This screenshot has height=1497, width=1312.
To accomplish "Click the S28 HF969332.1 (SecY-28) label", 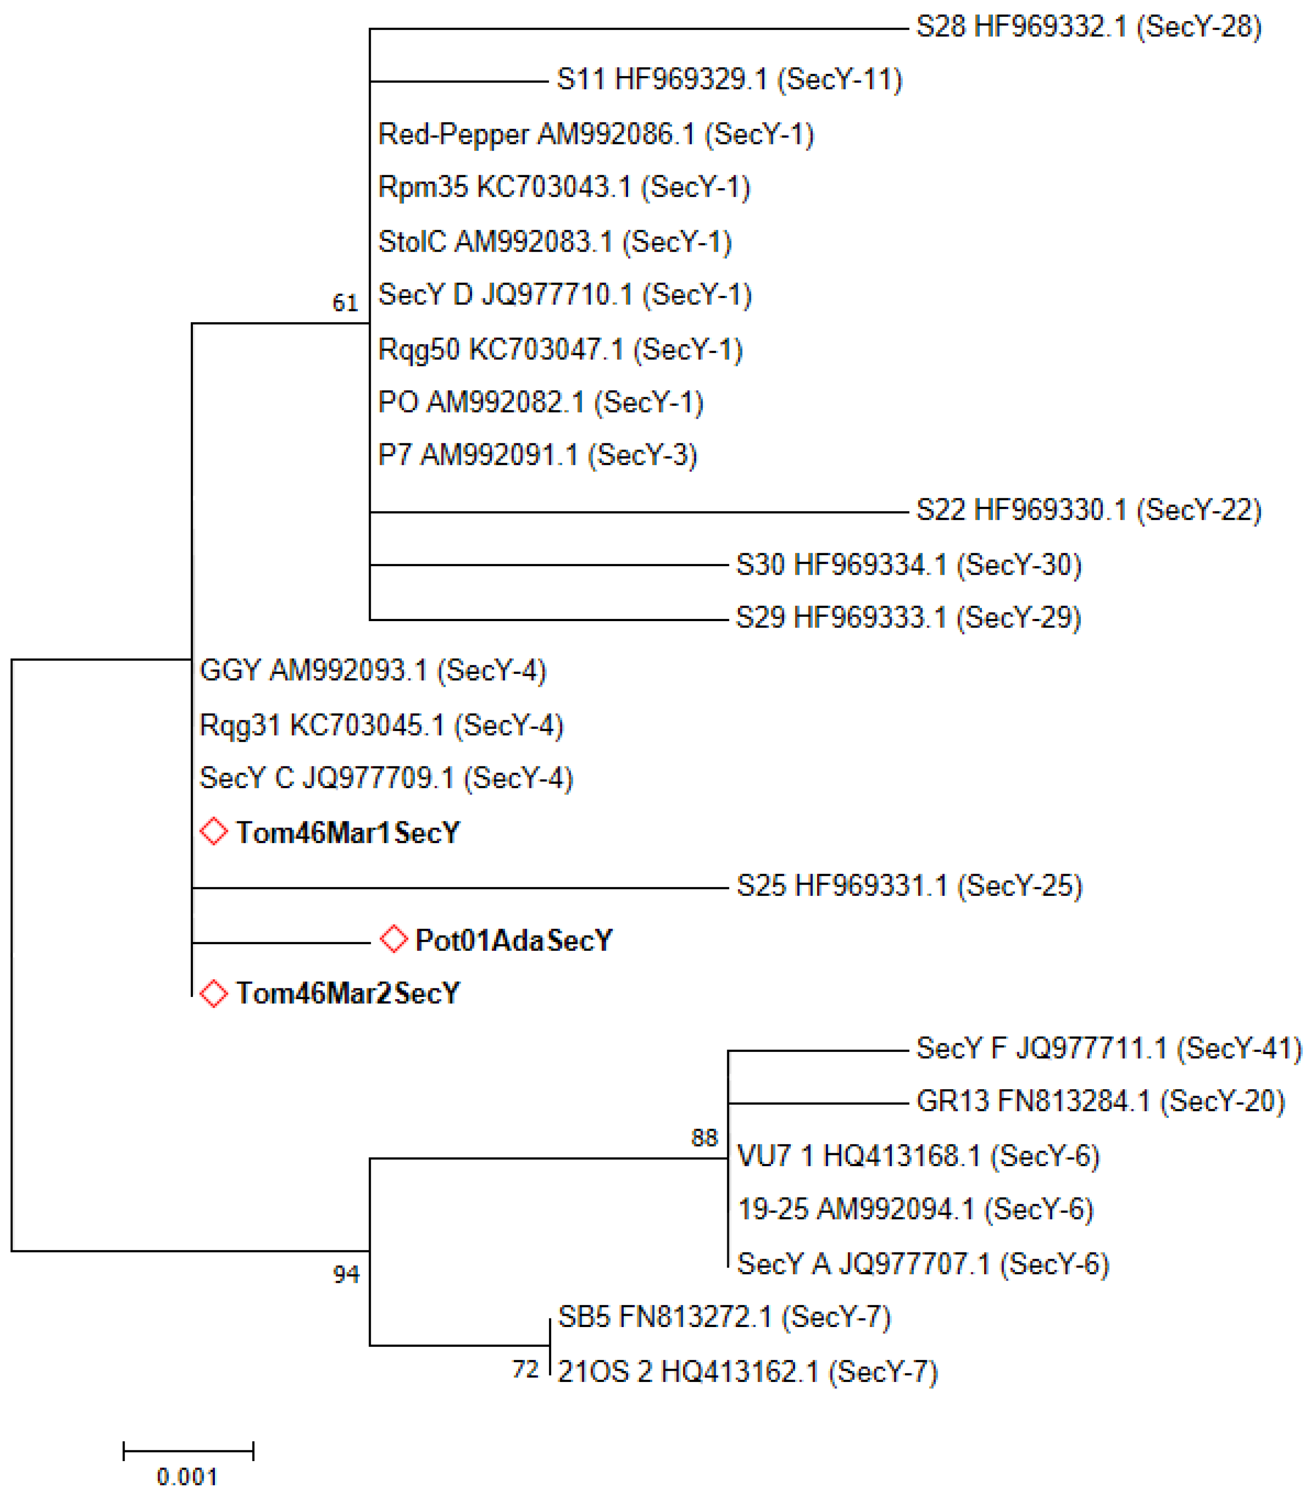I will tap(1089, 27).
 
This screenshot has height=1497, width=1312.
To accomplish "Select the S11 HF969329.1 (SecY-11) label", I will tap(729, 80).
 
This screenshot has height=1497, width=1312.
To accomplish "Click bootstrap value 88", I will tap(704, 1138).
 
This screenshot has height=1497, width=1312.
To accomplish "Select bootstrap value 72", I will tap(526, 1369).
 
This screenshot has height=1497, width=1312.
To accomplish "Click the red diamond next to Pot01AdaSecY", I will tap(394, 939).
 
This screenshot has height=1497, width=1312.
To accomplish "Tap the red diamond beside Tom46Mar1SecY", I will tap(214, 832).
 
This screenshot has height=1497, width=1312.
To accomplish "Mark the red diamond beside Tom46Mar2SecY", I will tap(214, 994).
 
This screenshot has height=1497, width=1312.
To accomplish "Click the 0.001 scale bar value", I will tap(187, 1477).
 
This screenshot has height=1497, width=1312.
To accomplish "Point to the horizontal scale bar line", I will tap(188, 1450).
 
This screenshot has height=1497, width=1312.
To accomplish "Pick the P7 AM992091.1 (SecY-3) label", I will tap(537, 455).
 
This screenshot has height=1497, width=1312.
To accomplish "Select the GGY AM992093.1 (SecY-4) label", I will tap(372, 670).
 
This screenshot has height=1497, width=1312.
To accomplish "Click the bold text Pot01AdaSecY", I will tap(513, 941).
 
